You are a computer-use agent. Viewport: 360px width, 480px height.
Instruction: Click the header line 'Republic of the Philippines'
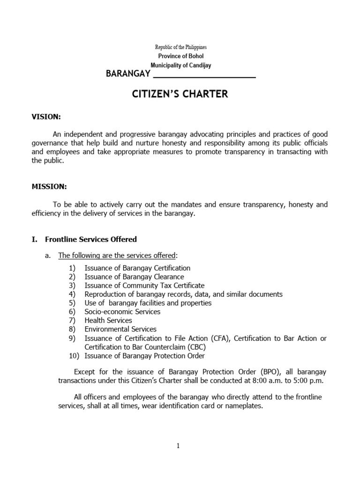[x=180, y=48]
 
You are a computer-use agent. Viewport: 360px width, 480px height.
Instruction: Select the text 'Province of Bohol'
[x=180, y=57]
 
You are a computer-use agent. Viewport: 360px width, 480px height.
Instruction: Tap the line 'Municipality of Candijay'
[x=180, y=66]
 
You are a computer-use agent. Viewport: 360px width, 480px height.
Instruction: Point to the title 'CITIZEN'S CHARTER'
[x=180, y=94]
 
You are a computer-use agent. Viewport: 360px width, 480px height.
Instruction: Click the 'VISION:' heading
[x=46, y=117]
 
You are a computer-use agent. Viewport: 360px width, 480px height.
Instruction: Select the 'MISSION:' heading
[x=49, y=187]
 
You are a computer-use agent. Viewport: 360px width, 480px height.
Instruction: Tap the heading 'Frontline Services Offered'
[x=91, y=240]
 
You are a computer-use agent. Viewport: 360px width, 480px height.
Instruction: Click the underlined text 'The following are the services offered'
[x=117, y=255]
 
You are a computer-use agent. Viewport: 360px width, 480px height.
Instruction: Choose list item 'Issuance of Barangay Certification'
[x=137, y=268]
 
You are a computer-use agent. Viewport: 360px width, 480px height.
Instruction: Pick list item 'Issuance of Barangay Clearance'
[x=134, y=277]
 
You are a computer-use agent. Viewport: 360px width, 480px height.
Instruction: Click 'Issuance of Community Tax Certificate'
[x=144, y=285]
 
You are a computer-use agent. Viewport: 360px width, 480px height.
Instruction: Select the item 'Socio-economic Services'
[x=122, y=312]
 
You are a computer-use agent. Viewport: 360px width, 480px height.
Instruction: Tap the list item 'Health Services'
[x=108, y=321]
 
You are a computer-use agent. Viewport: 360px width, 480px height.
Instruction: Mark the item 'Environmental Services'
[x=120, y=329]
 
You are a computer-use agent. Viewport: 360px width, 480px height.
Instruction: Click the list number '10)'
[x=73, y=355]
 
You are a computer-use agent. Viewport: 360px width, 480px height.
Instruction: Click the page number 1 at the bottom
[x=178, y=446]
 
